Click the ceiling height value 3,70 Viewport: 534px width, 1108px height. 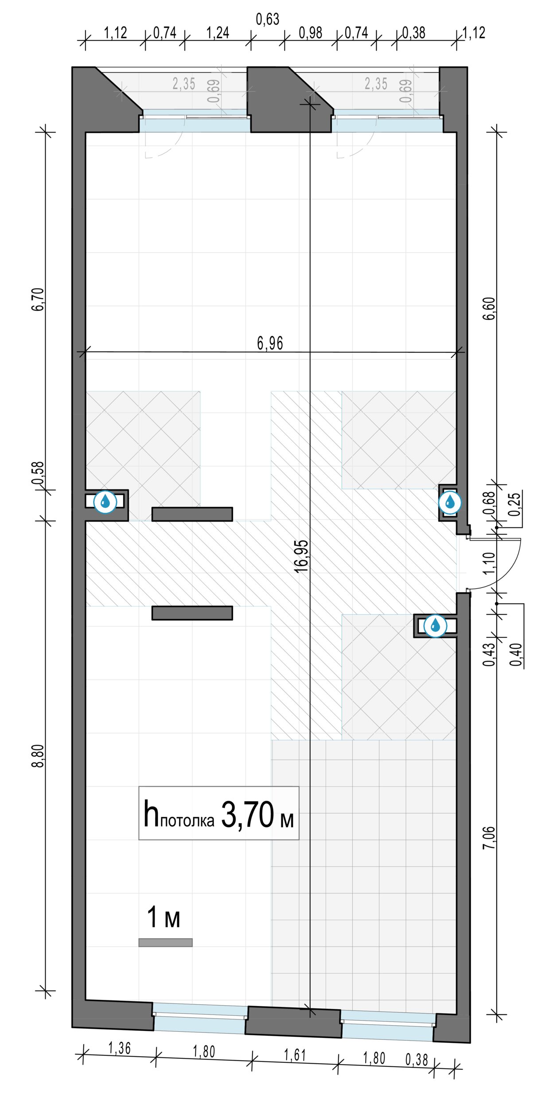pos(247,815)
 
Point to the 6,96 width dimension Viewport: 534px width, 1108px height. pos(270,343)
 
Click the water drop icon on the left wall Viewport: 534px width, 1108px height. pos(105,502)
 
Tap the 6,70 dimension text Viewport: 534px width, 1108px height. pos(39,299)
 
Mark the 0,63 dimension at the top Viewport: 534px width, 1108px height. pos(268,19)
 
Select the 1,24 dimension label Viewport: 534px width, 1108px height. pos(218,33)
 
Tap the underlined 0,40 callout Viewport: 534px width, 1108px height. pos(516,654)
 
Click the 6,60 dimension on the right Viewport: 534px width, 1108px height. pos(489,308)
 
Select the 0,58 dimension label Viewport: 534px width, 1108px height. pos(39,473)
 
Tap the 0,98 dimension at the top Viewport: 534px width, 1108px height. pos(310,33)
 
